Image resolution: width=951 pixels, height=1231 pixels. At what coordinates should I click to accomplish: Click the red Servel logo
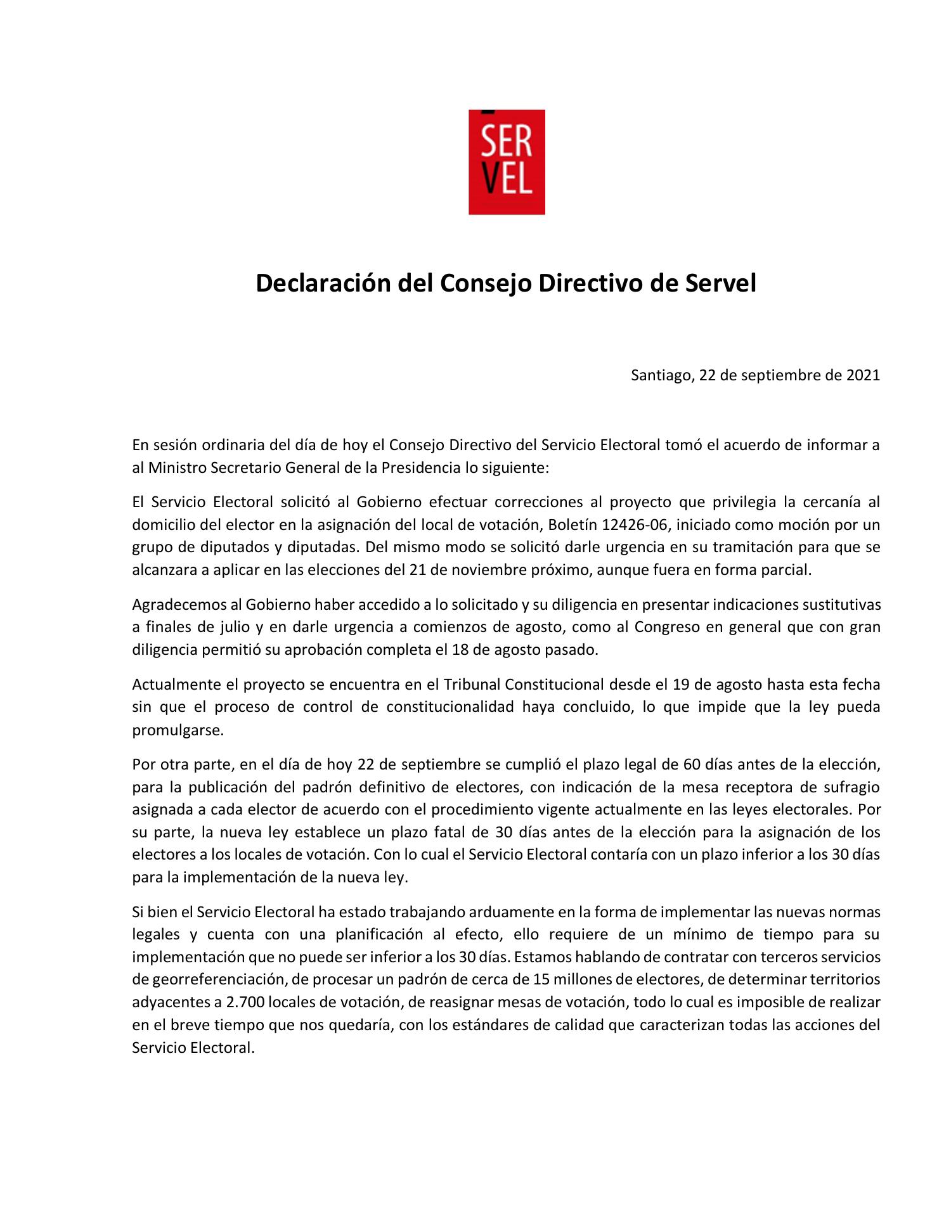(x=506, y=162)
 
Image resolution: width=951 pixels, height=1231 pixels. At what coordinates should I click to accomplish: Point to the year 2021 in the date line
(x=863, y=375)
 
